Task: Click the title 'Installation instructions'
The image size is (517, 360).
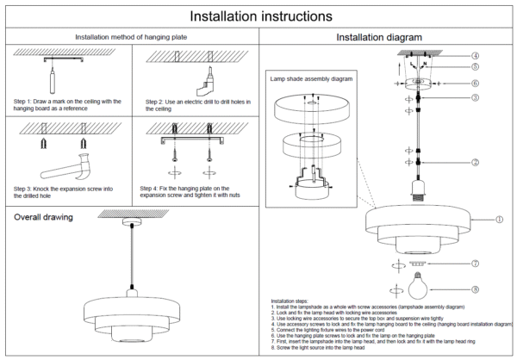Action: [258, 16]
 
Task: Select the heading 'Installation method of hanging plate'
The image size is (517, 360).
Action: [131, 37]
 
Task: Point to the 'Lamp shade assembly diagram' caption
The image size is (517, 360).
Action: [311, 78]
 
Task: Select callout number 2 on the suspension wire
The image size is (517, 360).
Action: [475, 162]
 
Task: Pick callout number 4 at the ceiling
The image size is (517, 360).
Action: [475, 56]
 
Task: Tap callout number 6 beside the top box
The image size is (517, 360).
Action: [475, 83]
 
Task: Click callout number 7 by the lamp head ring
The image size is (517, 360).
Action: [475, 263]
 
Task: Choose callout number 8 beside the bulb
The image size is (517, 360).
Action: [475, 289]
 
